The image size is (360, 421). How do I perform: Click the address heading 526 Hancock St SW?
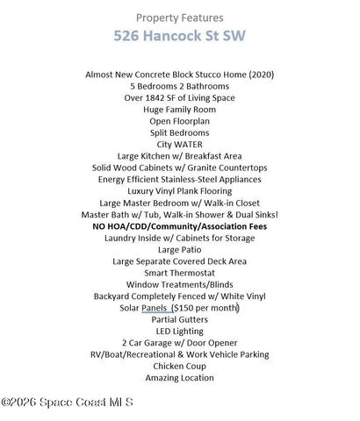(x=179, y=37)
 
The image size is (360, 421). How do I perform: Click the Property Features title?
(x=179, y=18)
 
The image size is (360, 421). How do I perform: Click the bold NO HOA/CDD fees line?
(x=179, y=226)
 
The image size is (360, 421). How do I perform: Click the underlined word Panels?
(x=154, y=308)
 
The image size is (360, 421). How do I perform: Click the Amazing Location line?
(x=179, y=378)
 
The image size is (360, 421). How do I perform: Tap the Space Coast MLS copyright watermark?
(x=67, y=403)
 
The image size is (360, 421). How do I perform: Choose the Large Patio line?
(x=179, y=249)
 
